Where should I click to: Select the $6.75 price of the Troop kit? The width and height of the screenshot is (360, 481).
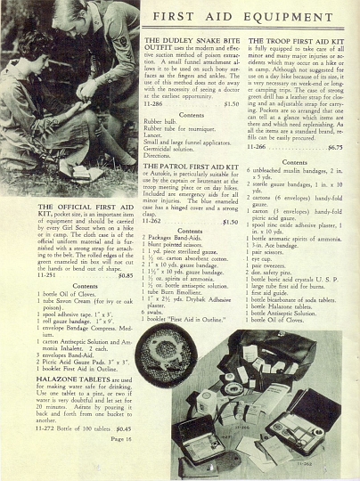click(x=334, y=147)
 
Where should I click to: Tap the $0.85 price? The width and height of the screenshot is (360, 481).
click(x=126, y=274)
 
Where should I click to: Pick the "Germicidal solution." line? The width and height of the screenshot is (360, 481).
click(x=174, y=147)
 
